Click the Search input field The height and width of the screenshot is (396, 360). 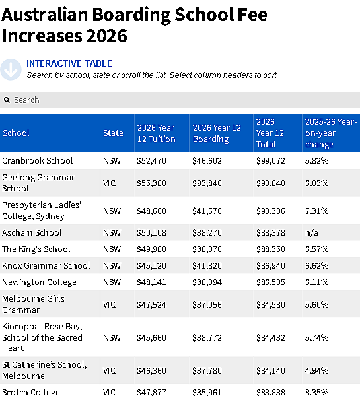pyautogui.click(x=180, y=100)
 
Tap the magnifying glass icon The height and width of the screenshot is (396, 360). pyautogui.click(x=7, y=100)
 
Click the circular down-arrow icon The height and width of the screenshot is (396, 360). pyautogui.click(x=11, y=69)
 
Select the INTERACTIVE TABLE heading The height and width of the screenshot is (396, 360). pyautogui.click(x=69, y=63)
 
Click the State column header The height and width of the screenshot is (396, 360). pyautogui.click(x=113, y=133)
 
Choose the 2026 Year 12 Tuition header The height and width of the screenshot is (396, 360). pyautogui.click(x=157, y=133)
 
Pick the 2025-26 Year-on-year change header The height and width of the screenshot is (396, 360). pyautogui.click(x=331, y=133)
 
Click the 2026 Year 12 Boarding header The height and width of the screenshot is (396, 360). pyautogui.click(x=217, y=133)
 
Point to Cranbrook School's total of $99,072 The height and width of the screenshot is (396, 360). pyautogui.click(x=271, y=160)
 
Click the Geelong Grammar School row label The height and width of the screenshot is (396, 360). pyautogui.click(x=38, y=183)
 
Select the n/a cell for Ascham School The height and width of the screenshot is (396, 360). pyautogui.click(x=312, y=232)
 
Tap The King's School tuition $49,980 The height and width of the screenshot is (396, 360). pyautogui.click(x=151, y=249)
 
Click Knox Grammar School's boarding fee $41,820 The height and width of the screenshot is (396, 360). pyautogui.click(x=207, y=265)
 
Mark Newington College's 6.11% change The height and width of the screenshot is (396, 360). pyautogui.click(x=316, y=282)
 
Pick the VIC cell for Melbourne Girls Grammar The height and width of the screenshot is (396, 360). pyautogui.click(x=109, y=304)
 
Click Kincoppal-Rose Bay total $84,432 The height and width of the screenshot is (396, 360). pyautogui.click(x=271, y=337)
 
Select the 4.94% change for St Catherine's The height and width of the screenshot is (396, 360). pyautogui.click(x=316, y=370)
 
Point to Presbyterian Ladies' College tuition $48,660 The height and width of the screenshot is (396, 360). pyautogui.click(x=151, y=211)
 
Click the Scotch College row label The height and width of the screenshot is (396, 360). pyautogui.click(x=31, y=392)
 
